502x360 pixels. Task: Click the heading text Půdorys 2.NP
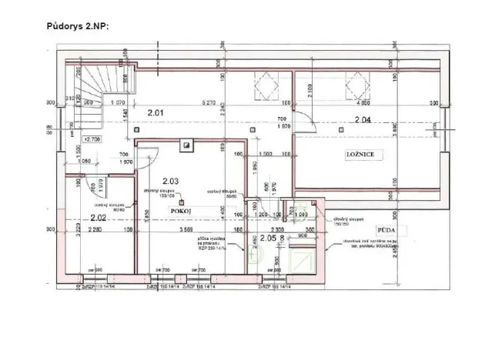point(79,25)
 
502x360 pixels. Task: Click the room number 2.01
point(157,114)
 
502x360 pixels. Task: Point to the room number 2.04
point(362,118)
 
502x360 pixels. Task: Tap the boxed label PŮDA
point(386,230)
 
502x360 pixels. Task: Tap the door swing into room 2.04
point(307,123)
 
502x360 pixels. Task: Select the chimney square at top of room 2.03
point(186,143)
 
